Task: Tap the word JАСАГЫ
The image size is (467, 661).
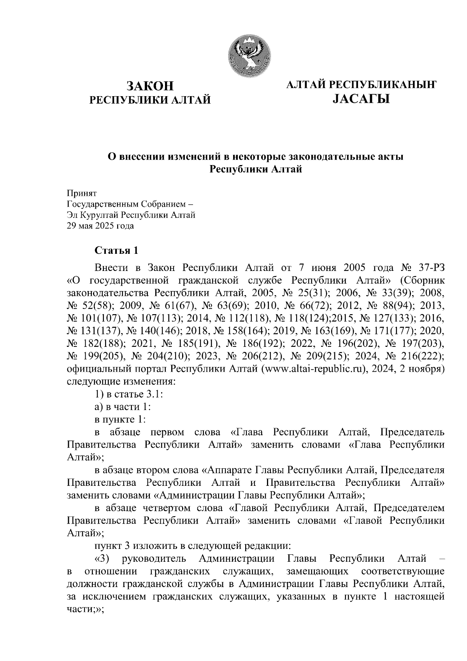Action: coord(361,100)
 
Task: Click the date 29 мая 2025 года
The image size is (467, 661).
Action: coord(100,226)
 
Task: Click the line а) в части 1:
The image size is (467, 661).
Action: coord(123,406)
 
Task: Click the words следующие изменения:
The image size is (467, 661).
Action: coord(121,381)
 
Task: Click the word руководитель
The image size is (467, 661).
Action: coord(153,559)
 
